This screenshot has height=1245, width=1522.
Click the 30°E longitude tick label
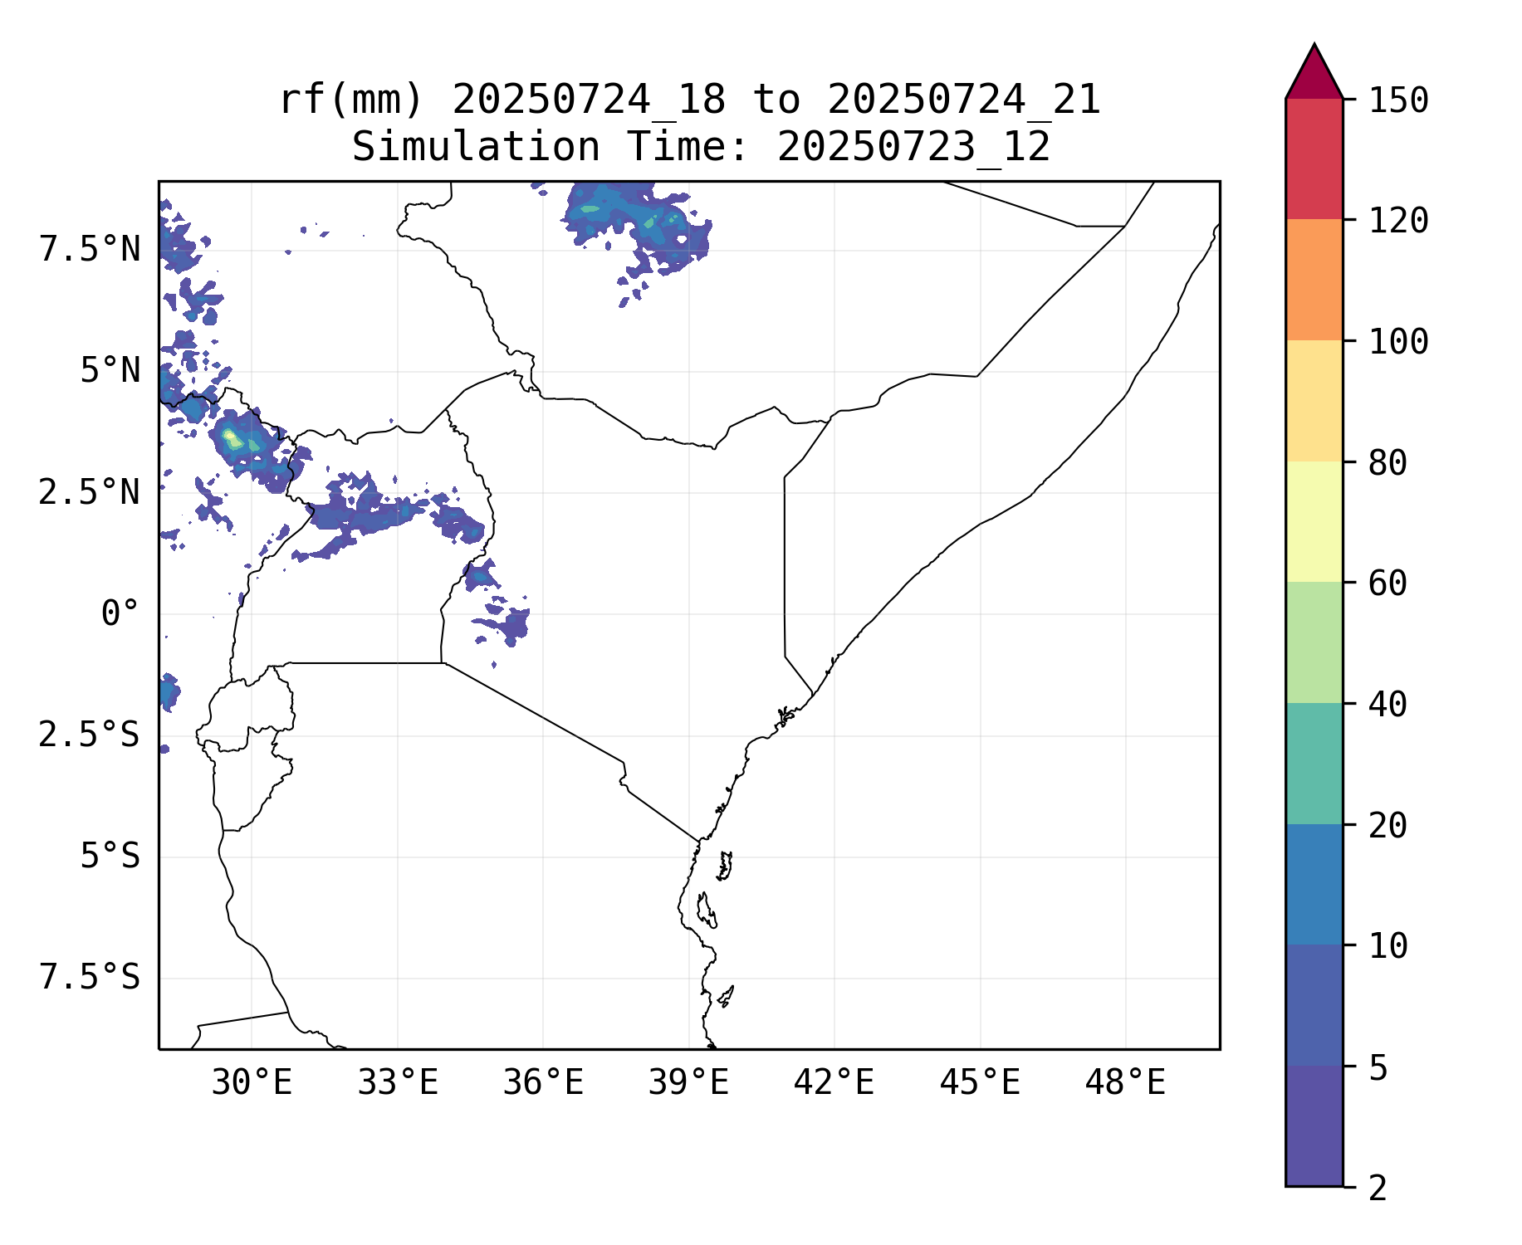click(252, 1083)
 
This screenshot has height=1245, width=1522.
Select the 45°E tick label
click(980, 1083)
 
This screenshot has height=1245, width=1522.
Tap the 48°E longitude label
click(1125, 1083)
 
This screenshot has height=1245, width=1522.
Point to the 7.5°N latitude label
click(90, 250)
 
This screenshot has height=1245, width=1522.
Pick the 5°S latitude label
click(110, 857)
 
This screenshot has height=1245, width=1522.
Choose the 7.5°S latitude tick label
click(90, 978)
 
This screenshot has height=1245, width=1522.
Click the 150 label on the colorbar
click(1398, 101)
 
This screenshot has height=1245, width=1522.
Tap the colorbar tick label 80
click(1387, 463)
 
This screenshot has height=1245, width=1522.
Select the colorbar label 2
click(1378, 1189)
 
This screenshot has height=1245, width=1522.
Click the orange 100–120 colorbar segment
click(1314, 280)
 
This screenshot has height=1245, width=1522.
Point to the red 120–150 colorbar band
click(1314, 159)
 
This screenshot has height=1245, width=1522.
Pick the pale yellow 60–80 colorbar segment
click(1314, 521)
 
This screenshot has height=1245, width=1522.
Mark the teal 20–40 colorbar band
click(1314, 764)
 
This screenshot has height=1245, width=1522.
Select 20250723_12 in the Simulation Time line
click(913, 148)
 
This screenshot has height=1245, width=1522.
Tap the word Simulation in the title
click(476, 148)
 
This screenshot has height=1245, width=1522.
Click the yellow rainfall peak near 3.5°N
click(230, 436)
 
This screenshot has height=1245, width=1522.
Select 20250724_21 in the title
click(963, 100)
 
